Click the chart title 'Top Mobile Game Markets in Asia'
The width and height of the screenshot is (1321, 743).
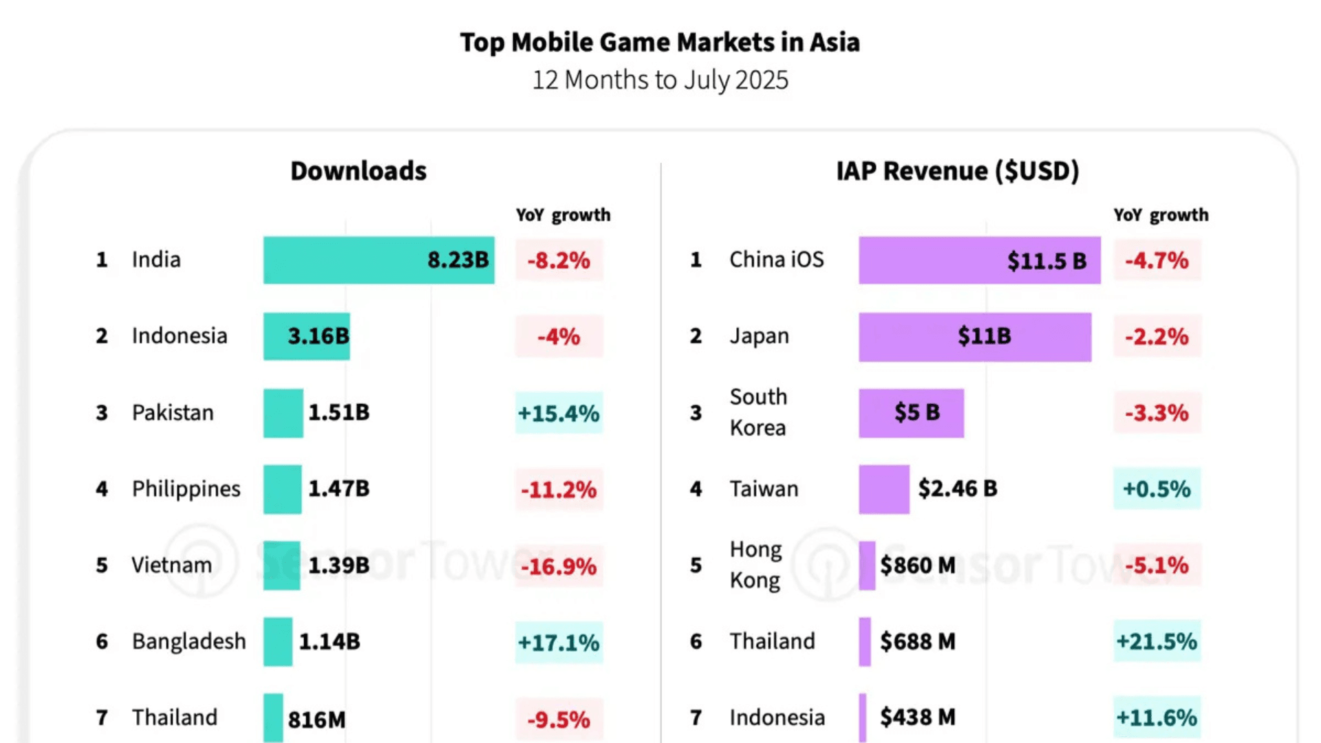tap(660, 43)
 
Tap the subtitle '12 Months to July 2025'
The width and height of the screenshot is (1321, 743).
tap(660, 80)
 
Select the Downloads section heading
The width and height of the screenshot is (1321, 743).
tap(358, 171)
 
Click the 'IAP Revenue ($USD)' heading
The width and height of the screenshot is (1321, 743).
tap(957, 171)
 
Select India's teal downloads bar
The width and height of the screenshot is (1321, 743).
tap(344, 260)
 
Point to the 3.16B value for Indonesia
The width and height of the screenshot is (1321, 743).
tap(319, 336)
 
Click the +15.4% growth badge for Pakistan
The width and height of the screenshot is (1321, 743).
tap(559, 413)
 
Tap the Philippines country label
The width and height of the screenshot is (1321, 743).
tap(186, 488)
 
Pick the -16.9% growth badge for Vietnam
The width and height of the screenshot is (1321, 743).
tap(559, 566)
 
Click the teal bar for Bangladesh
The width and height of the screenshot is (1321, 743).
tap(277, 641)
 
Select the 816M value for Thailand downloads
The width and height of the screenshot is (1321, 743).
tap(316, 719)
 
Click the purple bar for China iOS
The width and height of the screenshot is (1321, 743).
tap(929, 260)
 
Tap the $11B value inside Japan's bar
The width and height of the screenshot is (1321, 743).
tap(985, 336)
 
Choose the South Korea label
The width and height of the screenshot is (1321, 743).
tap(758, 412)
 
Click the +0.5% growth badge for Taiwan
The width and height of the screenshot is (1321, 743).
tap(1157, 488)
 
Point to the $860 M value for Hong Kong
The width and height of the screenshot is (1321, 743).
tap(918, 566)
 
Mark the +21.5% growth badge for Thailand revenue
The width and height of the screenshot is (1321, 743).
tap(1157, 641)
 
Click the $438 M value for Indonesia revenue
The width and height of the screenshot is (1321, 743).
tap(918, 717)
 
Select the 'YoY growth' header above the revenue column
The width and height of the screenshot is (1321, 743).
tap(1161, 215)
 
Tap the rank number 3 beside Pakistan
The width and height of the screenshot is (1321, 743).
tap(102, 413)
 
